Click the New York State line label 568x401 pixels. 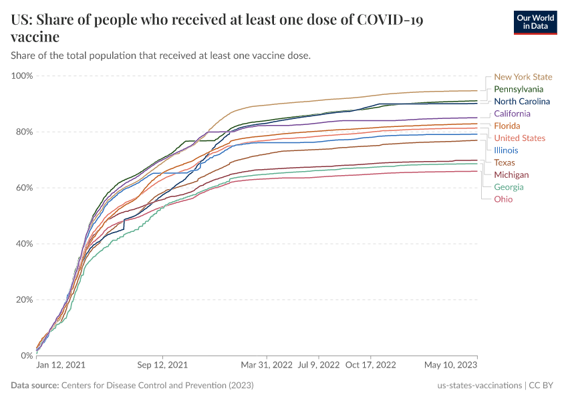click(x=523, y=77)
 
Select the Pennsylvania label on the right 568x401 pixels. click(x=519, y=89)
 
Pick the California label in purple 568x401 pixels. click(x=512, y=114)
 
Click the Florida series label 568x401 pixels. click(x=507, y=126)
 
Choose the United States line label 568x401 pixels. click(x=519, y=138)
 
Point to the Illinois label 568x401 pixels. click(x=506, y=150)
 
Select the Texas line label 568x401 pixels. click(x=505, y=162)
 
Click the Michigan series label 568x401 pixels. click(x=511, y=174)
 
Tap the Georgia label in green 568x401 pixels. click(x=509, y=187)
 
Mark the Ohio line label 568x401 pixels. click(x=503, y=199)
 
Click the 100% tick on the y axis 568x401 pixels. click(x=22, y=76)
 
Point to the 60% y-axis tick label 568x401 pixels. click(x=24, y=188)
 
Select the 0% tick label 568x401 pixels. click(x=27, y=356)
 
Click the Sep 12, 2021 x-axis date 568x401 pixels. click(x=162, y=366)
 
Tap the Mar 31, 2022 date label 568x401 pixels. click(x=267, y=366)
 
